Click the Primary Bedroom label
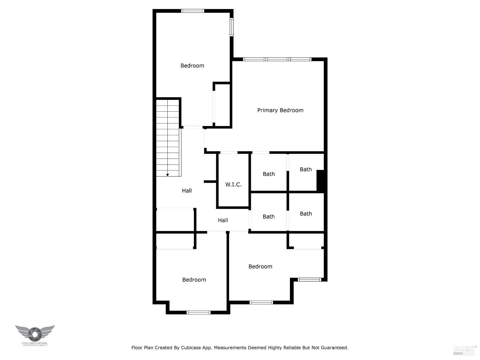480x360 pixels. pyautogui.click(x=280, y=110)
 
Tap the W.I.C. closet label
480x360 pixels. pyautogui.click(x=233, y=185)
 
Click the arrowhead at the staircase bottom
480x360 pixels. pyautogui.click(x=167, y=175)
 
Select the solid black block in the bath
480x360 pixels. pyautogui.click(x=320, y=180)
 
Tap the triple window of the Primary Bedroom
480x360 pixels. pyautogui.click(x=277, y=59)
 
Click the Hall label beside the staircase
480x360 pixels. pyautogui.click(x=187, y=191)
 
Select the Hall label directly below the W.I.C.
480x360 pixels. pyautogui.click(x=223, y=220)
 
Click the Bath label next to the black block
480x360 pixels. pyautogui.click(x=306, y=170)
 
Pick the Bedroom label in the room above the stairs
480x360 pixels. pyautogui.click(x=192, y=66)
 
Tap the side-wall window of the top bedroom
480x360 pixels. pyautogui.click(x=232, y=27)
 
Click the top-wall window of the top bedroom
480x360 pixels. pyautogui.click(x=193, y=11)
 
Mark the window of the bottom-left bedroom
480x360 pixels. pyautogui.click(x=198, y=312)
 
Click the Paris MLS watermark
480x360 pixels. pyautogui.click(x=465, y=350)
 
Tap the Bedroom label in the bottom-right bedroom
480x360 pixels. pyautogui.click(x=260, y=267)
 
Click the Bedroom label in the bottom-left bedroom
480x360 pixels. pyautogui.click(x=194, y=280)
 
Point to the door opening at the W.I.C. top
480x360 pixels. pyautogui.click(x=228, y=153)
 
